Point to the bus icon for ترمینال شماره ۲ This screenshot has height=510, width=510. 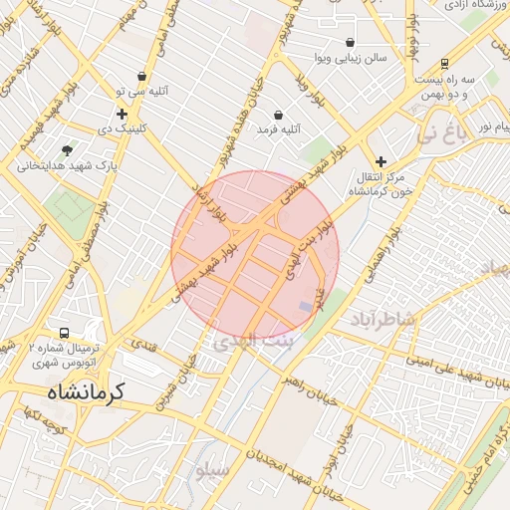65,334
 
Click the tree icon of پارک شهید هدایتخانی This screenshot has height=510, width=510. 67,150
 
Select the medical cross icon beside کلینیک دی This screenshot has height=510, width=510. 122,115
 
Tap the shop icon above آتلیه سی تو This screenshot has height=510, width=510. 142,76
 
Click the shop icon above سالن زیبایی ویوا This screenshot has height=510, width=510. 351,43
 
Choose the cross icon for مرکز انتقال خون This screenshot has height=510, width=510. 381,161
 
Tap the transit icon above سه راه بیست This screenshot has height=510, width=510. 444,62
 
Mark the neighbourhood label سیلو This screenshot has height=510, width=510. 213,468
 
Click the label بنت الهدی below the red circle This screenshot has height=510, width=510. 249,342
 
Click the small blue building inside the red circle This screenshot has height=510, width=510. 305,306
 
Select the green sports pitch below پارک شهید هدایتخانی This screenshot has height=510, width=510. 70,207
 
